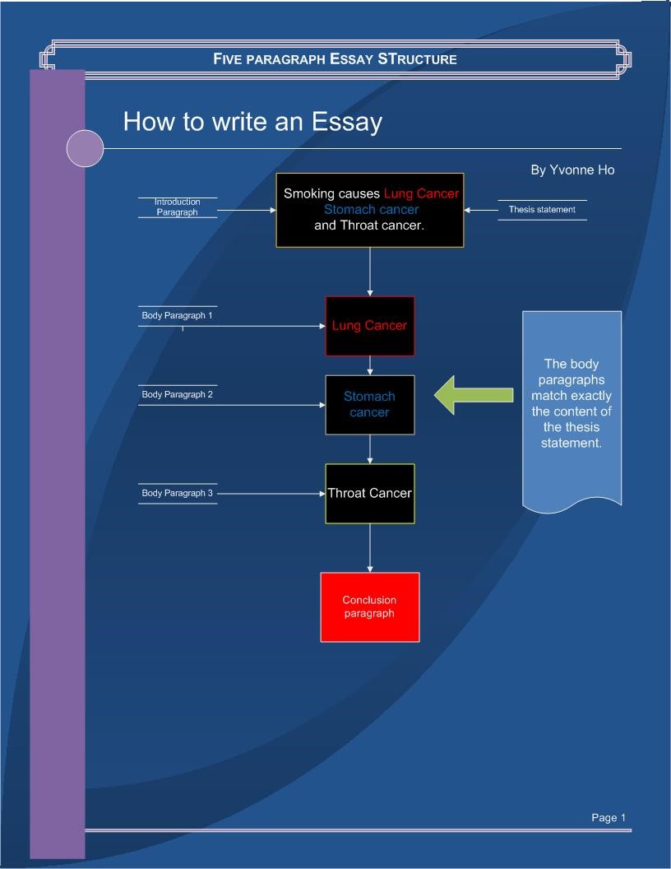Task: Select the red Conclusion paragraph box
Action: pos(370,606)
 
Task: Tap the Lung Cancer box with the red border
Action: pos(370,326)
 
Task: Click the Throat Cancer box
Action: pos(370,493)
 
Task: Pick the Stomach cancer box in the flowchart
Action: pos(370,404)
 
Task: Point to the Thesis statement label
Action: pos(542,210)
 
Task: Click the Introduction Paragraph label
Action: pos(178,207)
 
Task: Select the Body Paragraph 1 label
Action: pos(178,316)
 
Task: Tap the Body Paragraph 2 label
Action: pos(178,395)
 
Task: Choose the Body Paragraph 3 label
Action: pos(178,493)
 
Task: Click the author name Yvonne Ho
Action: pos(572,170)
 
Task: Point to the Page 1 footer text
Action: pos(609,817)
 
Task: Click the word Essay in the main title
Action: pos(347,122)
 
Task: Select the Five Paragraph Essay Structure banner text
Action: pos(335,59)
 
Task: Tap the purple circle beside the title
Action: pos(85,149)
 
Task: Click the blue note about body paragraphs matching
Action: pos(572,404)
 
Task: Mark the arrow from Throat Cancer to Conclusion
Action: pos(370,548)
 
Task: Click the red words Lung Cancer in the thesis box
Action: pos(421,193)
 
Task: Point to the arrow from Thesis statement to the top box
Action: pos(481,210)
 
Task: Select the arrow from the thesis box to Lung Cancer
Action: pos(370,272)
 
